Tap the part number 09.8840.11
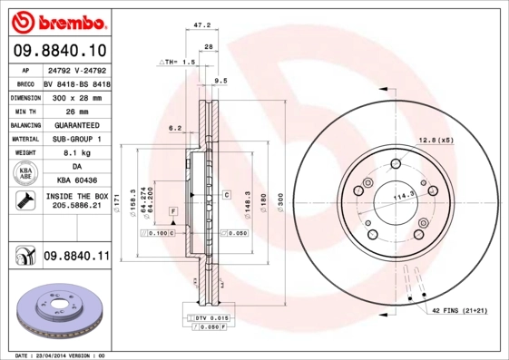(x=75, y=258)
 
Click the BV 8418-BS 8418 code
(x=76, y=83)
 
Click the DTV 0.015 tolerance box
(x=213, y=318)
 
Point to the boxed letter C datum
(x=224, y=194)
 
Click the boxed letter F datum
(x=171, y=210)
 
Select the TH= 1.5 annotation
(x=179, y=62)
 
